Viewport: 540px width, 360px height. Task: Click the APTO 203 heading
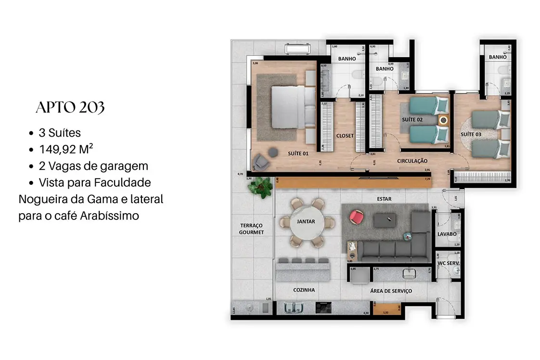[70, 108]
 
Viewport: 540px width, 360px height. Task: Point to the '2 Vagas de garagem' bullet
[93, 166]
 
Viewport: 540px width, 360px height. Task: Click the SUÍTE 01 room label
[298, 154]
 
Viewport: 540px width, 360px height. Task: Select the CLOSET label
[345, 136]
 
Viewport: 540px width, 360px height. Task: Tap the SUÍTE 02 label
[412, 119]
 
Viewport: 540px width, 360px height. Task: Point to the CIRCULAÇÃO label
[412, 161]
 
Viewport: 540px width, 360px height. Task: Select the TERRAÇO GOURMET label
[251, 229]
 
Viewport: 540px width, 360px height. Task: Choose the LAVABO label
[447, 234]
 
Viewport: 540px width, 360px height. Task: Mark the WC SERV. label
[448, 264]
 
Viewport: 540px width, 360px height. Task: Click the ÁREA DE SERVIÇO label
[391, 291]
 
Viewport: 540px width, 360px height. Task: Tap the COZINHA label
[304, 290]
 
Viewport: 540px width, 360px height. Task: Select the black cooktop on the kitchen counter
[324, 307]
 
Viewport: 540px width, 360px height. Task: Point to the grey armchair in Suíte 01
[262, 162]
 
